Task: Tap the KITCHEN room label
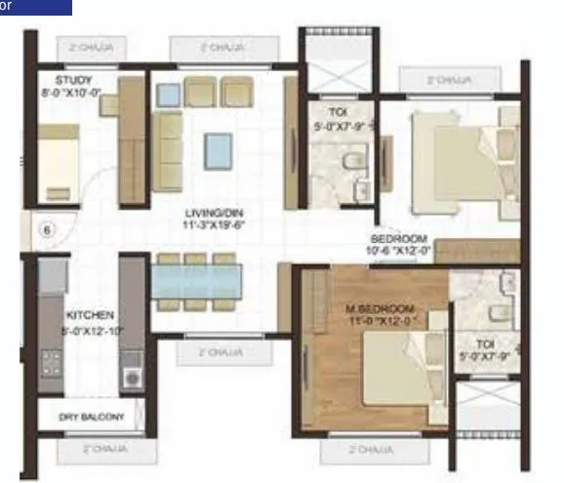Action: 90,315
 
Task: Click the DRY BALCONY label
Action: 92,418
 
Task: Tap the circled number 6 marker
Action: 46,231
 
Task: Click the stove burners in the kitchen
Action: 50,365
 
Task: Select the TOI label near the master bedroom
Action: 485,343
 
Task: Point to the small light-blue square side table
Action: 170,94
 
